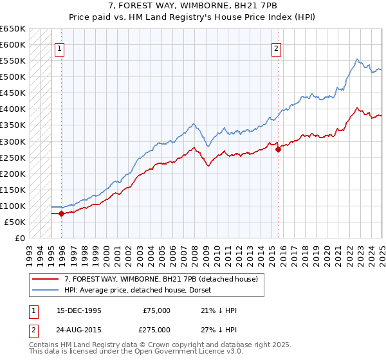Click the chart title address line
pos(192,6)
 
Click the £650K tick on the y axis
pos(13,29)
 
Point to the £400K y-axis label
pos(13,109)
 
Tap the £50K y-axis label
pos(15,222)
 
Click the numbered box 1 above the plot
pos(59,48)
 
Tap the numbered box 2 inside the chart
pos(276,48)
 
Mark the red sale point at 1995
pos(61,213)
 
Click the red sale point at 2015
pos(278,149)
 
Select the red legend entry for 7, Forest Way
pos(161,279)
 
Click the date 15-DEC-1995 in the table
pos(79,310)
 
